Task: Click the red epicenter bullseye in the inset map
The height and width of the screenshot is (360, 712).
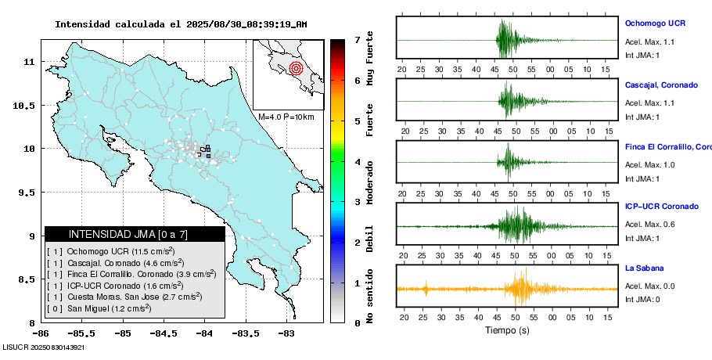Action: point(295,68)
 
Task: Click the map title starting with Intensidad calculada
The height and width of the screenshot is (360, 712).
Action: point(181,24)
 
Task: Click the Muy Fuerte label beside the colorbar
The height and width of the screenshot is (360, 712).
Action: point(369,59)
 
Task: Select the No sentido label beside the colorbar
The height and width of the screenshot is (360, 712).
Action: point(369,296)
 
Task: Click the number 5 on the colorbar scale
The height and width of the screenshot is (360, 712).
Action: point(357,121)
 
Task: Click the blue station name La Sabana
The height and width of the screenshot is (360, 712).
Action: point(645,268)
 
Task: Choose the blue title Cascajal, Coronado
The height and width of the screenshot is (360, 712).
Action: point(661,85)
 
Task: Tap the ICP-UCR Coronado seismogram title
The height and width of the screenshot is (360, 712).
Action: point(661,207)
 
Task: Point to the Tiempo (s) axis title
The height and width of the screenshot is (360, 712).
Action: point(507,329)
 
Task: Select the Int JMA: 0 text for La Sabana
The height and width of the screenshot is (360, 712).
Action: point(642,300)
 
